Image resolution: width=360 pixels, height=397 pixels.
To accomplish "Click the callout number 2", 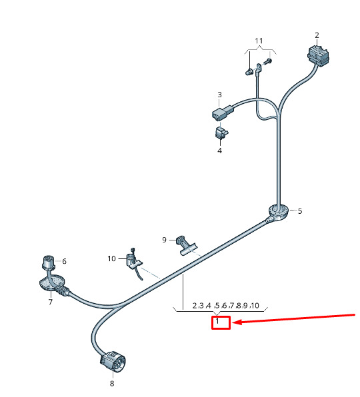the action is pyautogui.click(x=317, y=35).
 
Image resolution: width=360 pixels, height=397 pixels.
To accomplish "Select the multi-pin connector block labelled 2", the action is pyautogui.click(x=318, y=56).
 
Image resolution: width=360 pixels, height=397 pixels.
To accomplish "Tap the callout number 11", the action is pyautogui.click(x=259, y=41).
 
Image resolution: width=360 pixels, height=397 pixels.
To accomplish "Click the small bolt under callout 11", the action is pyautogui.click(x=267, y=61).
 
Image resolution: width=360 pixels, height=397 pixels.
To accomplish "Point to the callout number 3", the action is pyautogui.click(x=219, y=95).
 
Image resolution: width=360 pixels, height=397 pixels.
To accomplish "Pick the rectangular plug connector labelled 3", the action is pyautogui.click(x=223, y=112).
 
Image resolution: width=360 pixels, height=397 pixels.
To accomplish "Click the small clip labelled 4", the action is pyautogui.click(x=221, y=133).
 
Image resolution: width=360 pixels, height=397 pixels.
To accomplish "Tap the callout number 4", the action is pyautogui.click(x=219, y=151).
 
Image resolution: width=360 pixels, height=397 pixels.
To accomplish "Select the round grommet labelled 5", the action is pyautogui.click(x=279, y=213).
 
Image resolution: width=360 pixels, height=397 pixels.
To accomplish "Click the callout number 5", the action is pyautogui.click(x=300, y=211).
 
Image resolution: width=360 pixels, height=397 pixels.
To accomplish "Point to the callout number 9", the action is pyautogui.click(x=164, y=240).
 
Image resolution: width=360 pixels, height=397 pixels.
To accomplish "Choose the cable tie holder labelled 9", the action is pyautogui.click(x=187, y=245).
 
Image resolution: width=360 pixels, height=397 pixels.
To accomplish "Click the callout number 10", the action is pyautogui.click(x=111, y=258).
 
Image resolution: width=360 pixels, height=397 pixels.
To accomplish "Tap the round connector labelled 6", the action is pyautogui.click(x=48, y=262).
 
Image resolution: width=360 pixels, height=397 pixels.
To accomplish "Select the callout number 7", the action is pyautogui.click(x=51, y=302).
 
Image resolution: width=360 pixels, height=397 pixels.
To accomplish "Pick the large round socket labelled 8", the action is pyautogui.click(x=113, y=361).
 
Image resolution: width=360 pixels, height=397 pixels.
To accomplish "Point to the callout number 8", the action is pyautogui.click(x=112, y=384).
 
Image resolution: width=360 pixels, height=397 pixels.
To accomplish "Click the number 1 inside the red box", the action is pyautogui.click(x=217, y=321).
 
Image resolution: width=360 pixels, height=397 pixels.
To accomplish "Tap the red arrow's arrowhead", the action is pyautogui.click(x=237, y=322).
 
